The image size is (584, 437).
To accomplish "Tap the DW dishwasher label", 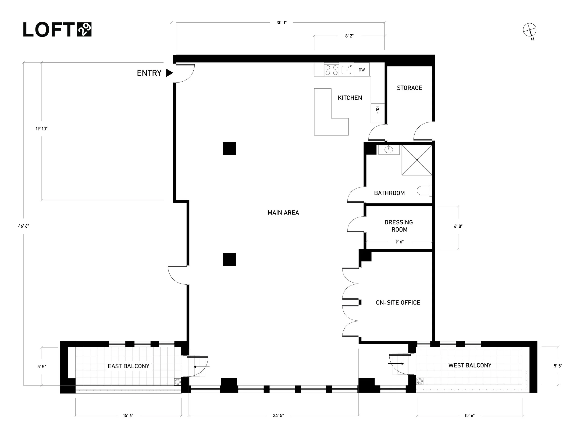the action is coord(361,70).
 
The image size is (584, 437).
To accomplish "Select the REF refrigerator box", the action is coord(377,110).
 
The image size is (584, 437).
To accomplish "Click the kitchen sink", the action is coord(346,70).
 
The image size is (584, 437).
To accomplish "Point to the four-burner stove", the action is coord(331,70).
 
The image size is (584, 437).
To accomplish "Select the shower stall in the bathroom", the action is coord(417,160).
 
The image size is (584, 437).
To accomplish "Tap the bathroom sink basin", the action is coord(389,150).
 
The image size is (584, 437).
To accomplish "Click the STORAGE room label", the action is coord(409,88).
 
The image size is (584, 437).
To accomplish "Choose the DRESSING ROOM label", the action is coord(399,226).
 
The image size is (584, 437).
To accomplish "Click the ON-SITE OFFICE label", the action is coord(398,303).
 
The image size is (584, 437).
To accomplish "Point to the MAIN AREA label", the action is coord(283,213).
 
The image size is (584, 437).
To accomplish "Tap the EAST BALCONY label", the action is coord(128,366).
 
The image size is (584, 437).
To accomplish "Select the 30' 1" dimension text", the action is coord(281,23).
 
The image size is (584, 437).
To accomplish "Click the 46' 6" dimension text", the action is coord(24,226).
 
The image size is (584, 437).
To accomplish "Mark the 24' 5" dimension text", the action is coord(278,416).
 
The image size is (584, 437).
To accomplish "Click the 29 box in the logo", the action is coord(84,29).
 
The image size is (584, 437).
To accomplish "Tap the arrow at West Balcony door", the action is coord(396,364).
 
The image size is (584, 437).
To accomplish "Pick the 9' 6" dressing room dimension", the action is coord(399,242).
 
